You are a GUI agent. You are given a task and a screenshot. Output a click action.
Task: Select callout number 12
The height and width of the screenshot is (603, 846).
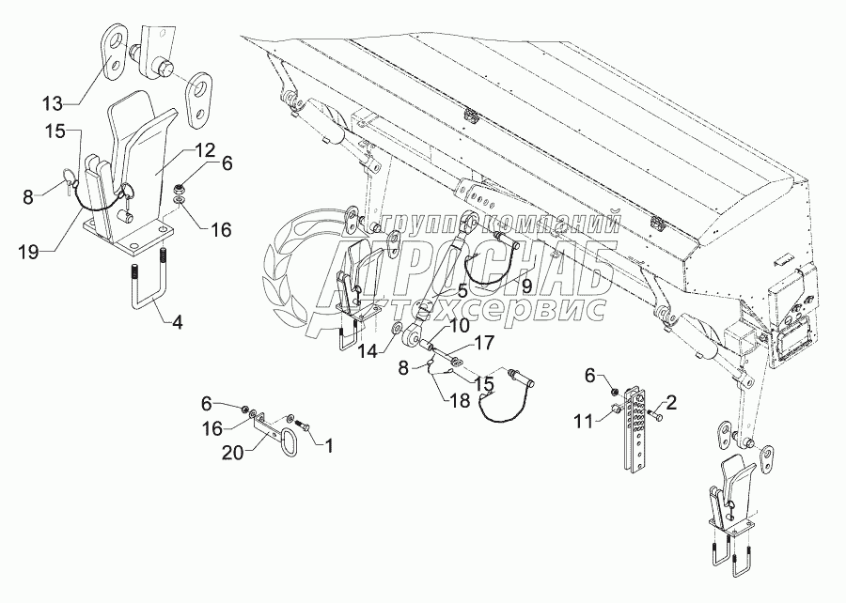point(206,150)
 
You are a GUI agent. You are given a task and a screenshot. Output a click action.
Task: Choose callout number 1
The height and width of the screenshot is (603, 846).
point(328,441)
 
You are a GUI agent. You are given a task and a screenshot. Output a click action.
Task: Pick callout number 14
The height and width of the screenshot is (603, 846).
point(368,349)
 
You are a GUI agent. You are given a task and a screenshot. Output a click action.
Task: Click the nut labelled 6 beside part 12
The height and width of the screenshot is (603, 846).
point(180,177)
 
